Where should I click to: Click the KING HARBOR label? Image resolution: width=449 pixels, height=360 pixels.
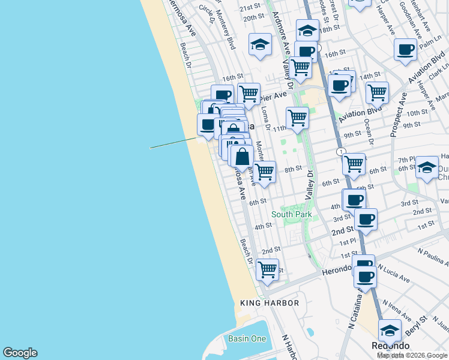click(269, 303)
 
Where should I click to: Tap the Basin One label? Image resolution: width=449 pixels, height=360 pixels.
click(247, 339)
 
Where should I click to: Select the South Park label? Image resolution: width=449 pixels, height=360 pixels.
click(291, 214)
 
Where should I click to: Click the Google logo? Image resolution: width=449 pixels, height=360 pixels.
click(20, 353)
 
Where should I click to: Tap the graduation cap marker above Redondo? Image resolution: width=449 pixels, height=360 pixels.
click(390, 329)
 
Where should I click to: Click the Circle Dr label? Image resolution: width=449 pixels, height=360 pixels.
click(206, 11)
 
